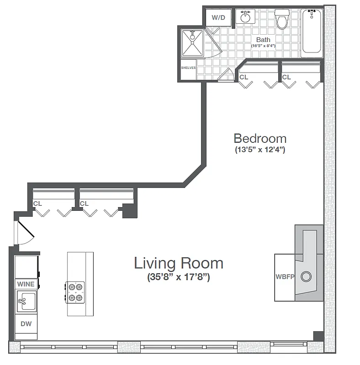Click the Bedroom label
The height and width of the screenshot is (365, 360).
[x=260, y=138]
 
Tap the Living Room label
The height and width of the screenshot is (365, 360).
[x=178, y=263]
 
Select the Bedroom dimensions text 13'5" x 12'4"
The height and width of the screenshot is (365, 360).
[x=260, y=150]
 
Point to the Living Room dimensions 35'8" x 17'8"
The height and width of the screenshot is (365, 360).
[x=178, y=276]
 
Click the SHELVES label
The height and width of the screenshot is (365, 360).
[x=188, y=68]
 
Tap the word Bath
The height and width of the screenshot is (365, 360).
[x=263, y=40]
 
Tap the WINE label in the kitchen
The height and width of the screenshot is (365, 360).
[x=26, y=284]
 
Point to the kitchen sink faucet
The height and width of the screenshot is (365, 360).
[x=22, y=301]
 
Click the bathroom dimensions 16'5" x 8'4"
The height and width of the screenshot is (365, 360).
[x=263, y=46]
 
